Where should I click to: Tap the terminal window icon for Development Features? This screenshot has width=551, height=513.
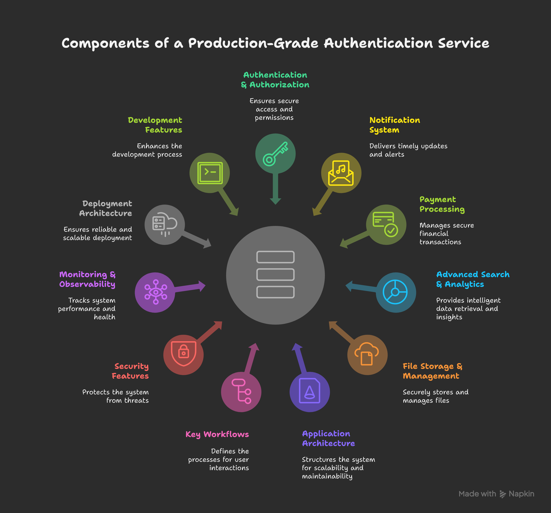coord(210,173)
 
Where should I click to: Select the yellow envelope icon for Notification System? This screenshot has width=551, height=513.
coord(341,173)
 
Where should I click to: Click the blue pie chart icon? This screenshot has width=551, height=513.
coord(395,292)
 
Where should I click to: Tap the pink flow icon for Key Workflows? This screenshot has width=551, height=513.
coord(241,391)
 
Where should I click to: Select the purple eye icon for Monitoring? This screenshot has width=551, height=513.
coord(156,292)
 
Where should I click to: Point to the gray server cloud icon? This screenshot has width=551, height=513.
coord(165,224)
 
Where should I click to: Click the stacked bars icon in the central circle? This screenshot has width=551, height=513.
coord(275,275)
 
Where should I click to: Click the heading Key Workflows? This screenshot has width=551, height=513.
coord(217,434)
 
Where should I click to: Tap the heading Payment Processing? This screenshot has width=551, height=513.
coord(442,204)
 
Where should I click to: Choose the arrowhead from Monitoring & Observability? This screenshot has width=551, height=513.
coord(202,286)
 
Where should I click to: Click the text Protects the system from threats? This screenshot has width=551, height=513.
coord(115,396)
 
